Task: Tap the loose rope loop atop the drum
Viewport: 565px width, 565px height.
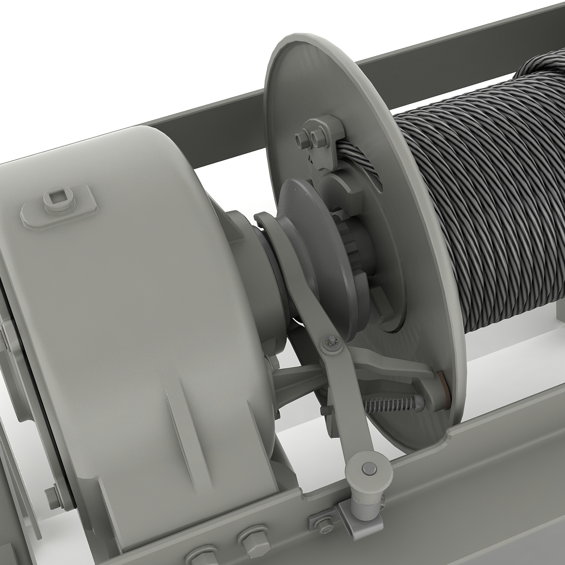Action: click(541, 71)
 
